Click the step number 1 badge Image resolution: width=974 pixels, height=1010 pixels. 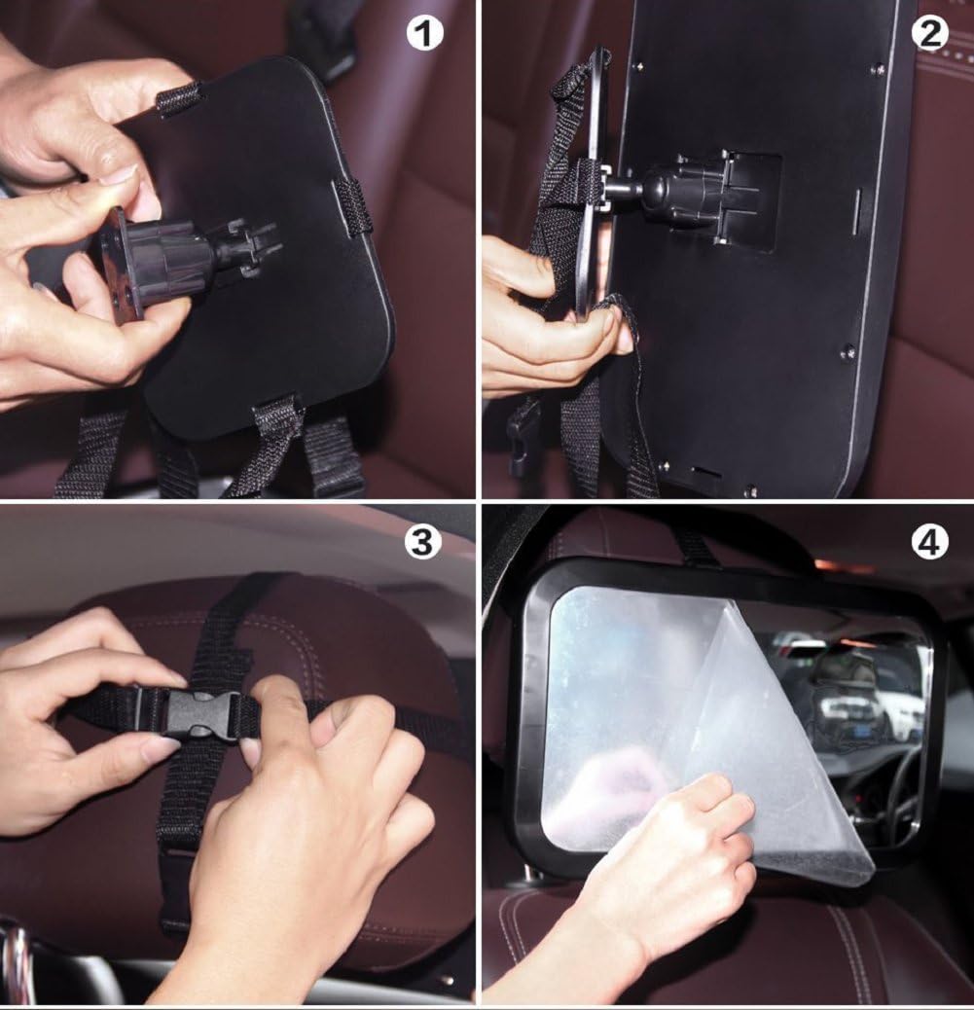(x=424, y=34)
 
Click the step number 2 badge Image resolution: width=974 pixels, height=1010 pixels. (x=929, y=34)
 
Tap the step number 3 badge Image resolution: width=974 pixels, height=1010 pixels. (x=422, y=542)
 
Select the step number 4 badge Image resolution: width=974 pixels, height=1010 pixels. (x=929, y=542)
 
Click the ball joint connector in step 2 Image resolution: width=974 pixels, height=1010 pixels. (x=671, y=190)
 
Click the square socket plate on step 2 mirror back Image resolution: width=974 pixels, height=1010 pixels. (x=744, y=199)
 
